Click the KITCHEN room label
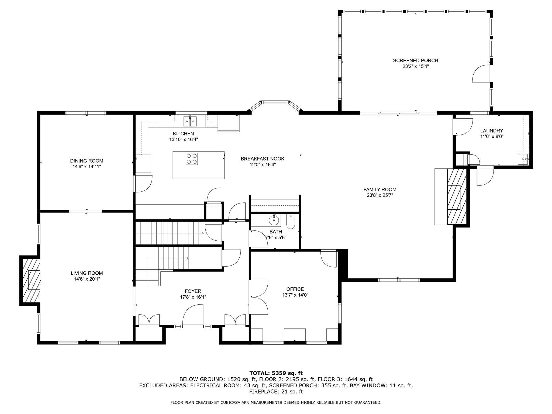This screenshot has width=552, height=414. (x=183, y=134)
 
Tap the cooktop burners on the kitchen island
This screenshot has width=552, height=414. (x=192, y=159)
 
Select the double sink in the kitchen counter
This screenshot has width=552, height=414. (x=190, y=121)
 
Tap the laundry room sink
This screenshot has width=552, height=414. (x=523, y=159)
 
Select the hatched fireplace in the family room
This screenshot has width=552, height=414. (x=457, y=197)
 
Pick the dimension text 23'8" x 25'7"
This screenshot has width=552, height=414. (x=380, y=195)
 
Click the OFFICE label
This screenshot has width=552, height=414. (x=295, y=289)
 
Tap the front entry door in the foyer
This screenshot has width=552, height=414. (x=193, y=317)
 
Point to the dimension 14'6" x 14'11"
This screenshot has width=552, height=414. (x=87, y=167)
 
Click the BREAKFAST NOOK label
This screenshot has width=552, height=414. (x=263, y=159)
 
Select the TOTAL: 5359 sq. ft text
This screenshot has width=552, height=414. (x=276, y=373)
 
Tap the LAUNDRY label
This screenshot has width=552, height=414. (x=492, y=131)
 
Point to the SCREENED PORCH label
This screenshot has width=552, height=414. (x=415, y=61)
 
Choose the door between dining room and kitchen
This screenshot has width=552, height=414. (x=143, y=184)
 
